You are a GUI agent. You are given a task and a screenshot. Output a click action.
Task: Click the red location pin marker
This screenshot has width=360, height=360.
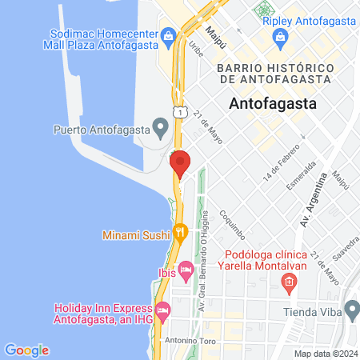coord(180,163)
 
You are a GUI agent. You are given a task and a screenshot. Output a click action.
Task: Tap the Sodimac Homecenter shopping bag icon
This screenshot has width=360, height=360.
coord(168,34)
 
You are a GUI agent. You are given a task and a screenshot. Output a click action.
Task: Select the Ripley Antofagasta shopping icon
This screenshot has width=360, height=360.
coord(280,36)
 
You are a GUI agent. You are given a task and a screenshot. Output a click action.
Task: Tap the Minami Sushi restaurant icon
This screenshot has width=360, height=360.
coord(182,234)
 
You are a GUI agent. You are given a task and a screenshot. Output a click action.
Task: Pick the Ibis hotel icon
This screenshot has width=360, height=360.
coord(186,271)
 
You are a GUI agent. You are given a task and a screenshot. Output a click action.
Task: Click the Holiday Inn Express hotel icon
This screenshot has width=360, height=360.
coord(163,309)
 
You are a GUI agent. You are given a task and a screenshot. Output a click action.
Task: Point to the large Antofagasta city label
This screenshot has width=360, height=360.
coord(273,103)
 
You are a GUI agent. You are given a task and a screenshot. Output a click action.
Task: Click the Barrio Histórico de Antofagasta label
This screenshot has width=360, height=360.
coord(274,74)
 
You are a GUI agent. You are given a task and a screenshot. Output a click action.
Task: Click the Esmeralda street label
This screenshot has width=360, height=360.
coord(306,173)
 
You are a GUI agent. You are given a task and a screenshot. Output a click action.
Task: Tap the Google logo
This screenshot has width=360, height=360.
coord(26,350)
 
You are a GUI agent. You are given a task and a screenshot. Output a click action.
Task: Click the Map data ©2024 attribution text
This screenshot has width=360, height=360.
coord(326,354)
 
